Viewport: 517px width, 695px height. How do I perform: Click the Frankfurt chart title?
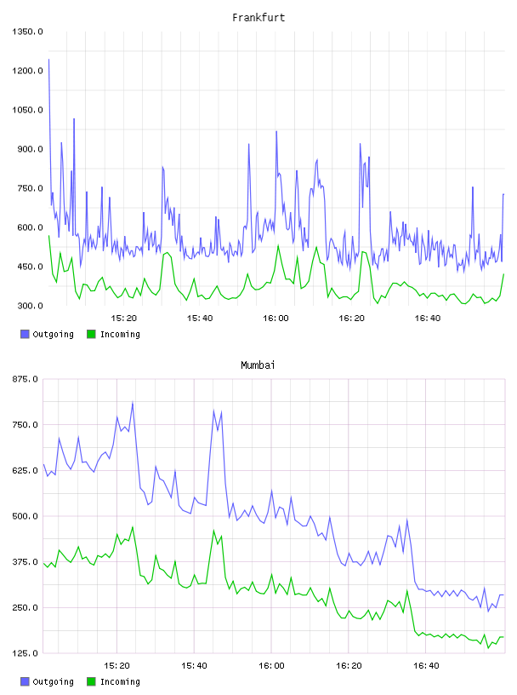[258, 18]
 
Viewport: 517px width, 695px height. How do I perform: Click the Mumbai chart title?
[258, 365]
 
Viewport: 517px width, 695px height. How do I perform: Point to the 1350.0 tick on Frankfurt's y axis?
[27, 32]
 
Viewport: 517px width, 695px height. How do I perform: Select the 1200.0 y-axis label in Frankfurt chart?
[27, 71]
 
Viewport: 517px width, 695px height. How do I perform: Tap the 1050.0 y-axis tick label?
[27, 110]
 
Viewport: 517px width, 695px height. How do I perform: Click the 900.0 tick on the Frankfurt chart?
[30, 149]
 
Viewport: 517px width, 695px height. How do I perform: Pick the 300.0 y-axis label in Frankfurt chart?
[30, 306]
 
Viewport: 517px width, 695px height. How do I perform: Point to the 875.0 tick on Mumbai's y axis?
[26, 379]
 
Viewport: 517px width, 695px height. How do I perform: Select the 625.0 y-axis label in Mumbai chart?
[26, 471]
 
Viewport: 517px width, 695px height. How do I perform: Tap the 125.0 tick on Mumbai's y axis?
[26, 653]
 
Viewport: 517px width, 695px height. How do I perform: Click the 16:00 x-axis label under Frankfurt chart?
[276, 319]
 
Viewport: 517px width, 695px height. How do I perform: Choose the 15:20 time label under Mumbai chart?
[116, 666]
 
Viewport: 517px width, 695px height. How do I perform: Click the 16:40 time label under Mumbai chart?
[426, 666]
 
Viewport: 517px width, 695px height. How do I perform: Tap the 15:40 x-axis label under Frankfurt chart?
[200, 319]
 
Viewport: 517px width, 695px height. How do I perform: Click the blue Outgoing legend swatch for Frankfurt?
[25, 334]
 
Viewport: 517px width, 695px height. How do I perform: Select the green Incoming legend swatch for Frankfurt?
[91, 334]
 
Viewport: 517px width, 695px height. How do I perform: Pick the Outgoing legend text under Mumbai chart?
[53, 681]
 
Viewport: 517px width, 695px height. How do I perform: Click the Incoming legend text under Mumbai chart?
[120, 681]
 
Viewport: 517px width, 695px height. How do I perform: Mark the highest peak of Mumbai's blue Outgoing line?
[133, 403]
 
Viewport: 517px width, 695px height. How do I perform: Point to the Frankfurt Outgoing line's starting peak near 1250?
[48, 60]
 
